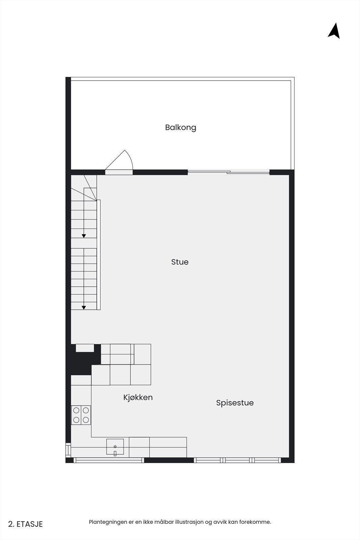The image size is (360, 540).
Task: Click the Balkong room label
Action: click(181, 128)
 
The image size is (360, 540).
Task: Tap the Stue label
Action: click(180, 262)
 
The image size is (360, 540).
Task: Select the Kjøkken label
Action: click(138, 397)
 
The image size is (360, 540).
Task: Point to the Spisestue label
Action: click(235, 403)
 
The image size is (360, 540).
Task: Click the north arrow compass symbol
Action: click(334, 31)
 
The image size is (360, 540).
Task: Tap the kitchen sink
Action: click(115, 447)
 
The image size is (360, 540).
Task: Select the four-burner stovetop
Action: click(81, 415)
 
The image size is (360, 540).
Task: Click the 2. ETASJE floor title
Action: click(26, 524)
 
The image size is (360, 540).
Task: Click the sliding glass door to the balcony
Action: click(229, 172)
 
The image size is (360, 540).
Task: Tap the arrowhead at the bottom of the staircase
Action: click(84, 307)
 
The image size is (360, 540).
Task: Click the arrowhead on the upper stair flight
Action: click(84, 236)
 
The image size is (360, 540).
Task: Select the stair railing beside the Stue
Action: click(99, 255)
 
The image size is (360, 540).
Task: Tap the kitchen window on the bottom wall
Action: click(109, 460)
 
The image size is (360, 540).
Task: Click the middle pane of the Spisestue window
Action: click(238, 460)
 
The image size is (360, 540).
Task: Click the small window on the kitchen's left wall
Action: click(68, 450)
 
